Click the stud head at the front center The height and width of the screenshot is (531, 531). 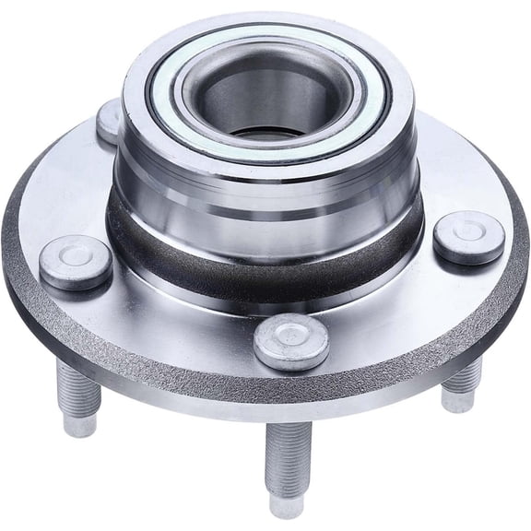(x=291, y=341)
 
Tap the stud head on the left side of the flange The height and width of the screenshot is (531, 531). (x=76, y=262)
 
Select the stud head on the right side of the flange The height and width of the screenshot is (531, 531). (x=468, y=237)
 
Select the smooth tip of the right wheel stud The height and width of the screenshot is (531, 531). (x=457, y=400)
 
